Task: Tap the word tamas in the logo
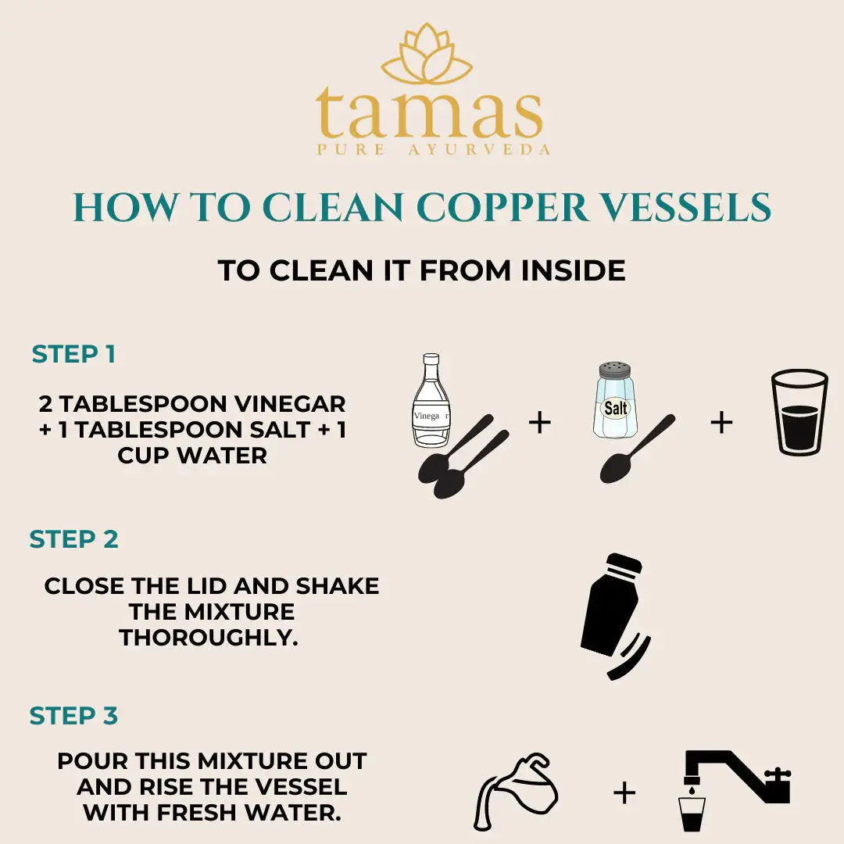[x=429, y=114]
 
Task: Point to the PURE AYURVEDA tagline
[x=433, y=149]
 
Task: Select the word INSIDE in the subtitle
[x=574, y=270]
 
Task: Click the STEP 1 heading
[x=73, y=354]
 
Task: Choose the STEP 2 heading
[x=73, y=539]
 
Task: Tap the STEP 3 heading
[x=73, y=716]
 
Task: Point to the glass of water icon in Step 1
[x=799, y=412]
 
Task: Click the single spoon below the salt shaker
[x=635, y=450]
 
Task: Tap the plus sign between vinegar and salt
[x=540, y=423]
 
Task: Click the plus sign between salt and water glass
[x=721, y=423]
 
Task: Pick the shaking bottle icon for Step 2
[x=613, y=614]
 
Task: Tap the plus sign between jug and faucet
[x=624, y=793]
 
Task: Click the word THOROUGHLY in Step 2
[x=209, y=638]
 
